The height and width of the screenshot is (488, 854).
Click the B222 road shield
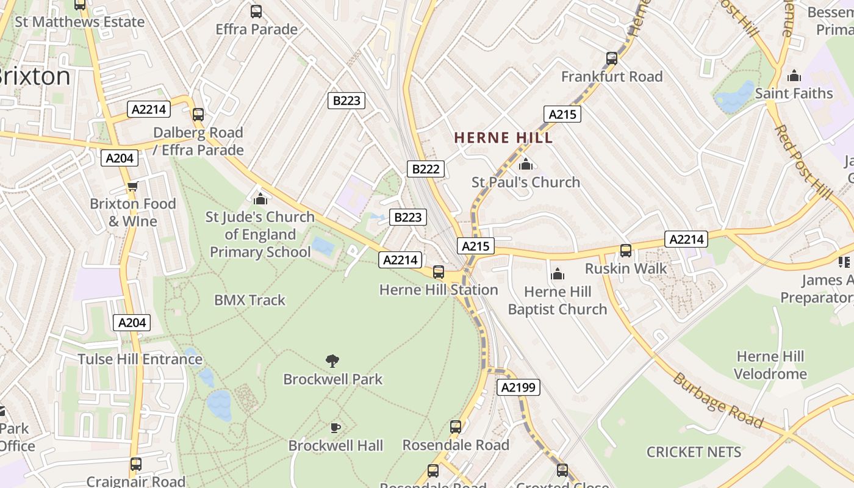pyautogui.click(x=425, y=169)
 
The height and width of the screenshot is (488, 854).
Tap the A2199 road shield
pyautogui.click(x=518, y=387)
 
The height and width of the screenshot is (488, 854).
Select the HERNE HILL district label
pyautogui.click(x=503, y=138)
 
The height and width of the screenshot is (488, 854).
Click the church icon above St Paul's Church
pyautogui.click(x=526, y=164)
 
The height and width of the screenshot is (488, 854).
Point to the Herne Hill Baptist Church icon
pyautogui.click(x=558, y=274)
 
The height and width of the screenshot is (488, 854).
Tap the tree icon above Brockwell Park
pyautogui.click(x=332, y=361)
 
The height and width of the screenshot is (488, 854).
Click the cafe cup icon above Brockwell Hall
pyautogui.click(x=335, y=428)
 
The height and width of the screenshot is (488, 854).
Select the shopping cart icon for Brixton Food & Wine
pyautogui.click(x=132, y=186)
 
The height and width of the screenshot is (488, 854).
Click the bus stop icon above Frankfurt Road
pyautogui.click(x=612, y=59)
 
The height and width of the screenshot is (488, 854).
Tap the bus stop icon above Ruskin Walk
pyautogui.click(x=626, y=251)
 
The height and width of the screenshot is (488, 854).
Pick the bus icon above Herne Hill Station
pyautogui.click(x=439, y=272)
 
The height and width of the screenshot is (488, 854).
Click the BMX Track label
pyautogui.click(x=249, y=300)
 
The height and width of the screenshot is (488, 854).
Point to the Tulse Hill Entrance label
pyautogui.click(x=140, y=359)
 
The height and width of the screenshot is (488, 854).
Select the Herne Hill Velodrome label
pyautogui.click(x=770, y=365)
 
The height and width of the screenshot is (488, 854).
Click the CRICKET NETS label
pyautogui.click(x=694, y=452)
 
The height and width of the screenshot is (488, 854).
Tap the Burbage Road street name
pyautogui.click(x=717, y=401)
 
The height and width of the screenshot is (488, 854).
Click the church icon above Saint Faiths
pyautogui.click(x=794, y=76)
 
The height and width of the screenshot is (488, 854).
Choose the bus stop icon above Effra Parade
pyautogui.click(x=256, y=11)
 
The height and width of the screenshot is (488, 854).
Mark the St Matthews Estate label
pyautogui.click(x=79, y=22)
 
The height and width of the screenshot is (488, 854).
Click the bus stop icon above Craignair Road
pyautogui.click(x=136, y=464)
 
